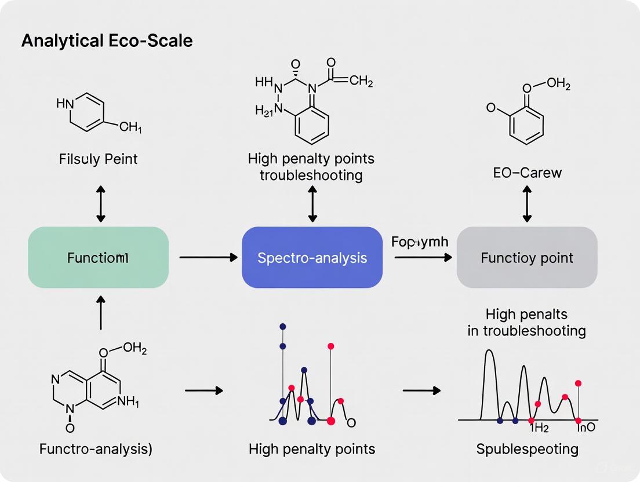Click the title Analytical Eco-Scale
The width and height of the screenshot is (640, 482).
tap(107, 42)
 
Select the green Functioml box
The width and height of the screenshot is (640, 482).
tap(98, 257)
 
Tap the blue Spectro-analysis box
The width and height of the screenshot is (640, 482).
tap(312, 257)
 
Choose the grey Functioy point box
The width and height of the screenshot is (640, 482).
tap(526, 257)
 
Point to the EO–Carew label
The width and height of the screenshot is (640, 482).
tap(526, 172)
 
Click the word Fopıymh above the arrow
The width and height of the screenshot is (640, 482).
tap(420, 242)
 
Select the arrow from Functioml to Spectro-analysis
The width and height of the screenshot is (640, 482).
tap(205, 256)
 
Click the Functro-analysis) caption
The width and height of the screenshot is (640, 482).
tap(96, 448)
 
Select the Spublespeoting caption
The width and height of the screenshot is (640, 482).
tap(527, 448)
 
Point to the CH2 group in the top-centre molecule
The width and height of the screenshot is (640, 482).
tap(361, 81)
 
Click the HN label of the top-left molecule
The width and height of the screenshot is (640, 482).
tap(65, 104)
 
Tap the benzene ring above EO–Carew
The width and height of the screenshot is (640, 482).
tap(526, 124)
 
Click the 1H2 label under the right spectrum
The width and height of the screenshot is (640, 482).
tap(539, 429)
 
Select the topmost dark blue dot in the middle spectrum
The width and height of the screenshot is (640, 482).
tap(282, 327)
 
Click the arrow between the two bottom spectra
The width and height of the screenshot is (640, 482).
tap(421, 390)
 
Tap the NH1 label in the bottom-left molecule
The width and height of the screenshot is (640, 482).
tap(128, 400)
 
